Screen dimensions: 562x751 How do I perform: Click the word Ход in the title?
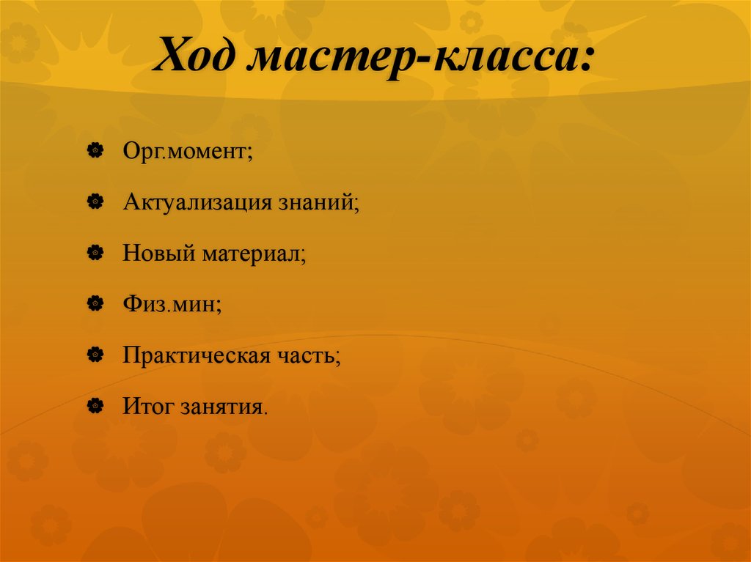coord(195,58)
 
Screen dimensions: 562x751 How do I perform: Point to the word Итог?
coord(147,405)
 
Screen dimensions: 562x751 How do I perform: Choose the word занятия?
coord(220,406)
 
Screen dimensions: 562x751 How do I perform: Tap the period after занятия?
coord(265,411)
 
